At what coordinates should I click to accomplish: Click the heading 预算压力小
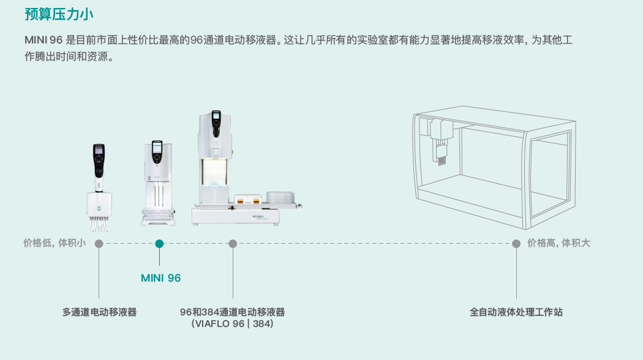click(59, 13)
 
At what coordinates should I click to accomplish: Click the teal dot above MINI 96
click(159, 244)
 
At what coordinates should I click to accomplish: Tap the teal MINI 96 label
click(160, 278)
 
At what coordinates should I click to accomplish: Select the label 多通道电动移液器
click(99, 312)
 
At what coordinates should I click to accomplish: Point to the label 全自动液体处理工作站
click(516, 312)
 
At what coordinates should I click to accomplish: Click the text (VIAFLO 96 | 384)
click(232, 324)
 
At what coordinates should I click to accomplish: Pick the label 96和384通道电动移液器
click(232, 312)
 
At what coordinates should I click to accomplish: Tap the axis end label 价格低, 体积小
click(54, 244)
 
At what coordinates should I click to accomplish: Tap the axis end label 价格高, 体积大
click(558, 244)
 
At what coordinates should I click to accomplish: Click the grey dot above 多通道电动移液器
click(99, 244)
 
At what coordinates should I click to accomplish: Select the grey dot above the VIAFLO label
click(233, 244)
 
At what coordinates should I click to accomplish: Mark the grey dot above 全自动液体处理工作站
click(516, 244)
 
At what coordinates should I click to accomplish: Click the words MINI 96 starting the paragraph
click(43, 40)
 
